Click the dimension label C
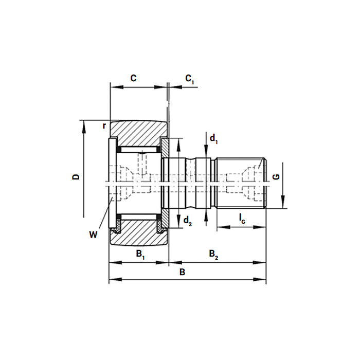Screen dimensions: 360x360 click(x=133, y=78)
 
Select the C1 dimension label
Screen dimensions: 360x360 click(x=190, y=79)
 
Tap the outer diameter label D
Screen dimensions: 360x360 click(x=76, y=177)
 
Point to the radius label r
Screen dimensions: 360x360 click(x=104, y=126)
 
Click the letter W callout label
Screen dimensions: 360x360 click(x=93, y=235)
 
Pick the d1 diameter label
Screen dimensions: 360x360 click(x=213, y=139)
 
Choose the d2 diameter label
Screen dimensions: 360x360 click(x=188, y=221)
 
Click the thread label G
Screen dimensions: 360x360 click(x=276, y=177)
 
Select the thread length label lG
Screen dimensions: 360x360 click(x=242, y=219)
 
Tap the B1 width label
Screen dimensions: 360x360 click(x=140, y=255)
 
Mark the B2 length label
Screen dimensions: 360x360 click(x=213, y=255)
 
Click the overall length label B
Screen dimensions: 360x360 click(x=182, y=272)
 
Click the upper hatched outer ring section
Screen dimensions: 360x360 click(x=139, y=133)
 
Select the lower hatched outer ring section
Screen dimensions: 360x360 click(x=139, y=232)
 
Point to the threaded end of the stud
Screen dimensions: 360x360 click(x=242, y=183)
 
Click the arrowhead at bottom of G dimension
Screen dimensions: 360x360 click(x=283, y=202)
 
